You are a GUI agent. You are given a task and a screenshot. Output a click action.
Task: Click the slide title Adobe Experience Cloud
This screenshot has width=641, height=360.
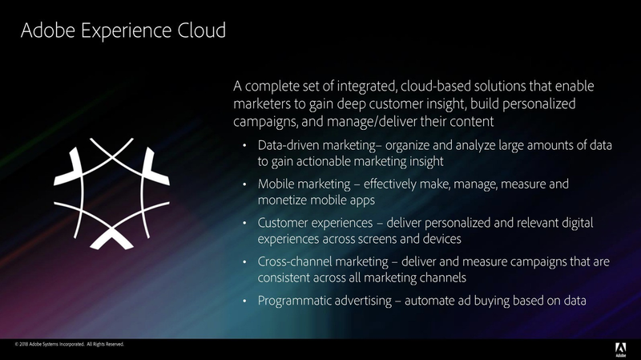123,31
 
